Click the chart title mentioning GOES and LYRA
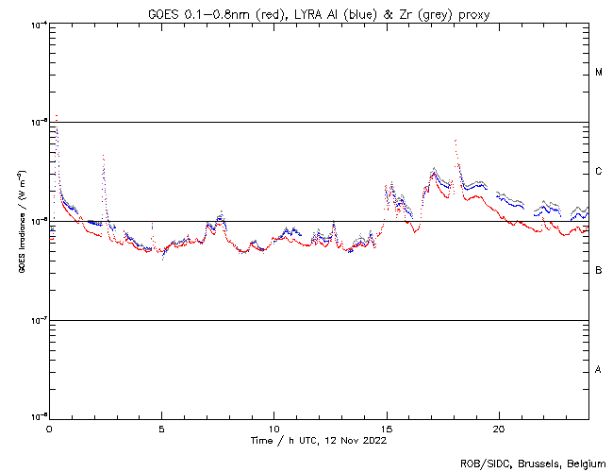[319, 13]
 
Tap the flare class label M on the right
[599, 73]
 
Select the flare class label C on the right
[599, 172]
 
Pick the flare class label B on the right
[599, 271]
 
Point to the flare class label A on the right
[599, 370]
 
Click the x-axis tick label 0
[49, 428]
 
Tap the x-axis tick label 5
[161, 428]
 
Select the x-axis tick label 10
[273, 428]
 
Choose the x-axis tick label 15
[386, 428]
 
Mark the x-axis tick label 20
[498, 428]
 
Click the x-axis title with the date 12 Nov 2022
[319, 440]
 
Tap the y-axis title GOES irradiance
[22, 222]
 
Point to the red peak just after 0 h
[57, 116]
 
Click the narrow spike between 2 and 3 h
[103, 156]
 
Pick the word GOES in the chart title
[164, 13]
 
